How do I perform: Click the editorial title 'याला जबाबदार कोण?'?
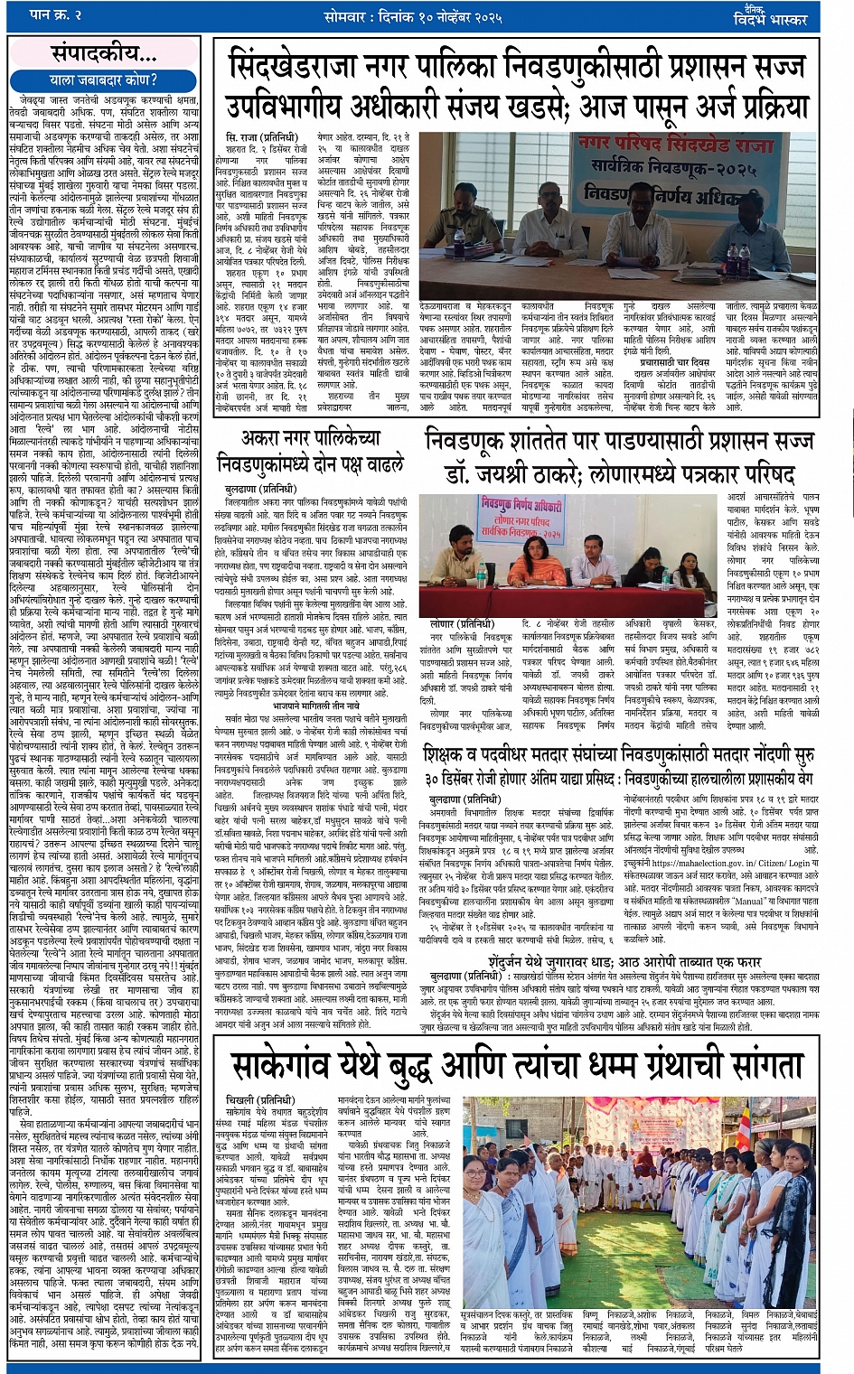coord(101,79)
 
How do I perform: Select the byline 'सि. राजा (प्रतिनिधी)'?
coord(259,136)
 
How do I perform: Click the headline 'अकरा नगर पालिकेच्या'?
coord(312,440)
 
